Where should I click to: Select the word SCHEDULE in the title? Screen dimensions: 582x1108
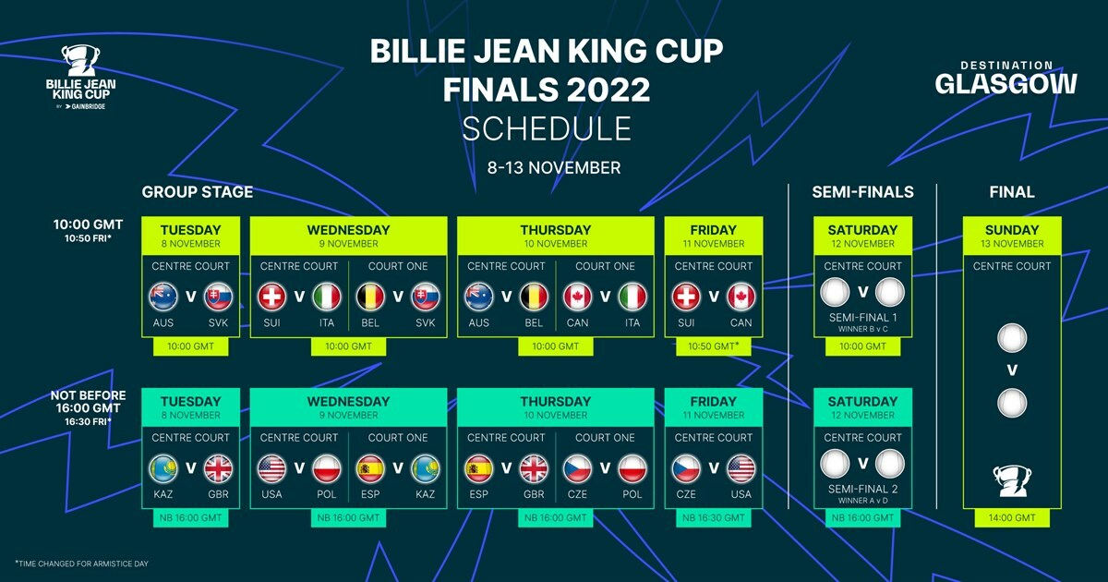coord(547,128)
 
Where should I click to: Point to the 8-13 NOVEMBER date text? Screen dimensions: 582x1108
coord(554,168)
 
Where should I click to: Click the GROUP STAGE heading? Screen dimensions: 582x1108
coord(197,192)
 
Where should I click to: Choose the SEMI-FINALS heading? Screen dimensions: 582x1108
coord(862,192)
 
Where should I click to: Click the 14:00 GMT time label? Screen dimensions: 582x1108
coord(1012,518)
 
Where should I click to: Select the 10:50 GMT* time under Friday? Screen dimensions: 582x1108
coord(714,346)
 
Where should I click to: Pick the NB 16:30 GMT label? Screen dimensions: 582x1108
coord(714,518)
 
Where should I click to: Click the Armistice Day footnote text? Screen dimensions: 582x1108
coord(81,563)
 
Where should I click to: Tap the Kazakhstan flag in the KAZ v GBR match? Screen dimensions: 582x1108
coord(163,468)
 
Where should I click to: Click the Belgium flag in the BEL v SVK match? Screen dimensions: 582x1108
coord(370,297)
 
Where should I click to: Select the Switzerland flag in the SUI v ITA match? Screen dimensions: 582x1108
coord(272,297)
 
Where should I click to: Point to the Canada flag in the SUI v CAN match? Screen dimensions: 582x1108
coord(741,297)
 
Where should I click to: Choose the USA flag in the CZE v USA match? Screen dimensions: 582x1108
coord(741,468)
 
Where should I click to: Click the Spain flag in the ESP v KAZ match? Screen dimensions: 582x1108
coord(370,468)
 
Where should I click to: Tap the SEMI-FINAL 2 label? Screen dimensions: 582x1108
coord(862,489)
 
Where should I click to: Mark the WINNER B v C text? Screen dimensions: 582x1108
coord(862,329)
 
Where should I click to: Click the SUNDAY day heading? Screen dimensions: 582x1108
coord(1012,230)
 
